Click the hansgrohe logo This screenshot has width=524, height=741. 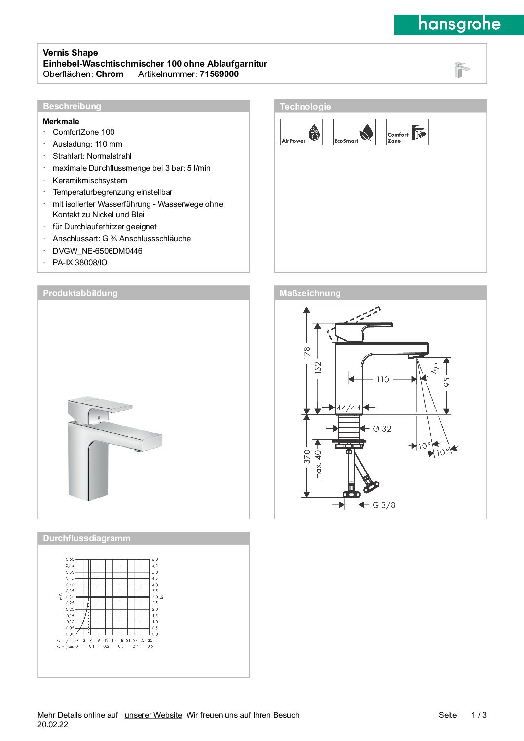tap(459, 24)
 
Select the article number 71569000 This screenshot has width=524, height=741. tap(219, 74)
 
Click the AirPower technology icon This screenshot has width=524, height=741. tap(301, 132)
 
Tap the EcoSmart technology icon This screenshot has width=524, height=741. tap(354, 132)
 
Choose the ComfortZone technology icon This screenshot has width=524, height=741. tap(407, 132)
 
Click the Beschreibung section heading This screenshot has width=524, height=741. tap(72, 106)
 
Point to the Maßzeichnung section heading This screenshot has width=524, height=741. tap(310, 293)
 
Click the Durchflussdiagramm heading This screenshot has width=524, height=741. tap(87, 538)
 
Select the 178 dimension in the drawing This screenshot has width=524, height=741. tap(307, 353)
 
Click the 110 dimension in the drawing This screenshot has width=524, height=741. tap(383, 379)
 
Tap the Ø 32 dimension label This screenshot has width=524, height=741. tap(382, 429)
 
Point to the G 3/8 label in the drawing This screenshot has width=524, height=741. tap(383, 505)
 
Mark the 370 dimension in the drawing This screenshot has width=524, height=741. tap(307, 456)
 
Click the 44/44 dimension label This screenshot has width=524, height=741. tap(349, 408)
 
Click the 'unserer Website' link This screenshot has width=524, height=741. tap(153, 715)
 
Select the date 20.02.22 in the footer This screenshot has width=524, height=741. tap(53, 725)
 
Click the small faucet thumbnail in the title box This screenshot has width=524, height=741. tap(461, 70)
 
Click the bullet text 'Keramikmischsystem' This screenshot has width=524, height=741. tap(90, 181)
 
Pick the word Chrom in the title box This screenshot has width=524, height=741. tap(110, 74)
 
